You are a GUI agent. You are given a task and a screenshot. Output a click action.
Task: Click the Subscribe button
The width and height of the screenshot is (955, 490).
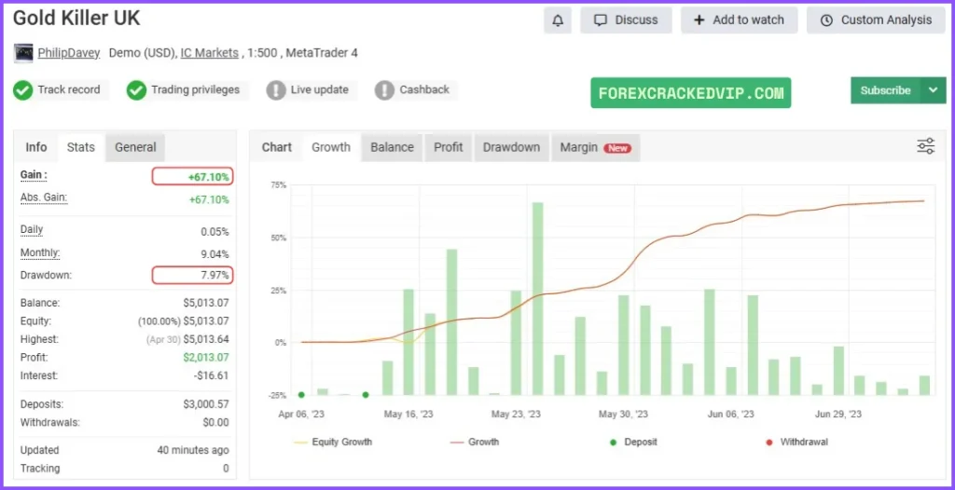(x=885, y=90)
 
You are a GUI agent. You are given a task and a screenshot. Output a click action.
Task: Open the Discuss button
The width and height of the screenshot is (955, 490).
(x=626, y=20)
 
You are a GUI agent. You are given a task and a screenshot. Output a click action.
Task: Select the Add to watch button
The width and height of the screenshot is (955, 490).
(x=739, y=20)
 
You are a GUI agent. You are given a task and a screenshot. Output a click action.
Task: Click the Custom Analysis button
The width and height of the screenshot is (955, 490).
(x=876, y=20)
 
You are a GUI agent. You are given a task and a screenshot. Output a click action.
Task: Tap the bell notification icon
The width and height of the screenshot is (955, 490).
(x=558, y=20)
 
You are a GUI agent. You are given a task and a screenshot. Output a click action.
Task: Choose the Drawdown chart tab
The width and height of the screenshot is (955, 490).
(x=511, y=147)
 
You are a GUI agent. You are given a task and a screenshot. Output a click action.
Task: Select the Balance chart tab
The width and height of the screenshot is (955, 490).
(x=392, y=147)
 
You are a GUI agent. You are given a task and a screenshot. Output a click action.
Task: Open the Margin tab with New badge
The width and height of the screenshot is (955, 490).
(x=594, y=147)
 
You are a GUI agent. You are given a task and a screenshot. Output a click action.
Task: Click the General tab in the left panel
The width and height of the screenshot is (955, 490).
(x=135, y=147)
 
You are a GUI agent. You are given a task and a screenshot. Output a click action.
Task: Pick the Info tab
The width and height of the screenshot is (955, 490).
(x=36, y=147)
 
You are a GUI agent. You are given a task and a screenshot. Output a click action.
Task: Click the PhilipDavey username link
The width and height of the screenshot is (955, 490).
(x=69, y=53)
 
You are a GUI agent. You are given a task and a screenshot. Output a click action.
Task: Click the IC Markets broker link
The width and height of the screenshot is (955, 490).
(x=209, y=53)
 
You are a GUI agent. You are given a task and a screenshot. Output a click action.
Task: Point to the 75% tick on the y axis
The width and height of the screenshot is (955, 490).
(x=278, y=185)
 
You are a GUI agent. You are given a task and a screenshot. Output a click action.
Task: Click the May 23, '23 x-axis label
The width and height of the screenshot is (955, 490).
(x=515, y=414)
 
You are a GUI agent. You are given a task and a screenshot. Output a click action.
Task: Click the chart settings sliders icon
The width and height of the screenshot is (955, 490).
(x=925, y=145)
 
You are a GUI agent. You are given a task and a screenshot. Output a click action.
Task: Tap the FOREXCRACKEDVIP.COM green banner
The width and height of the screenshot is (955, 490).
(x=690, y=93)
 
